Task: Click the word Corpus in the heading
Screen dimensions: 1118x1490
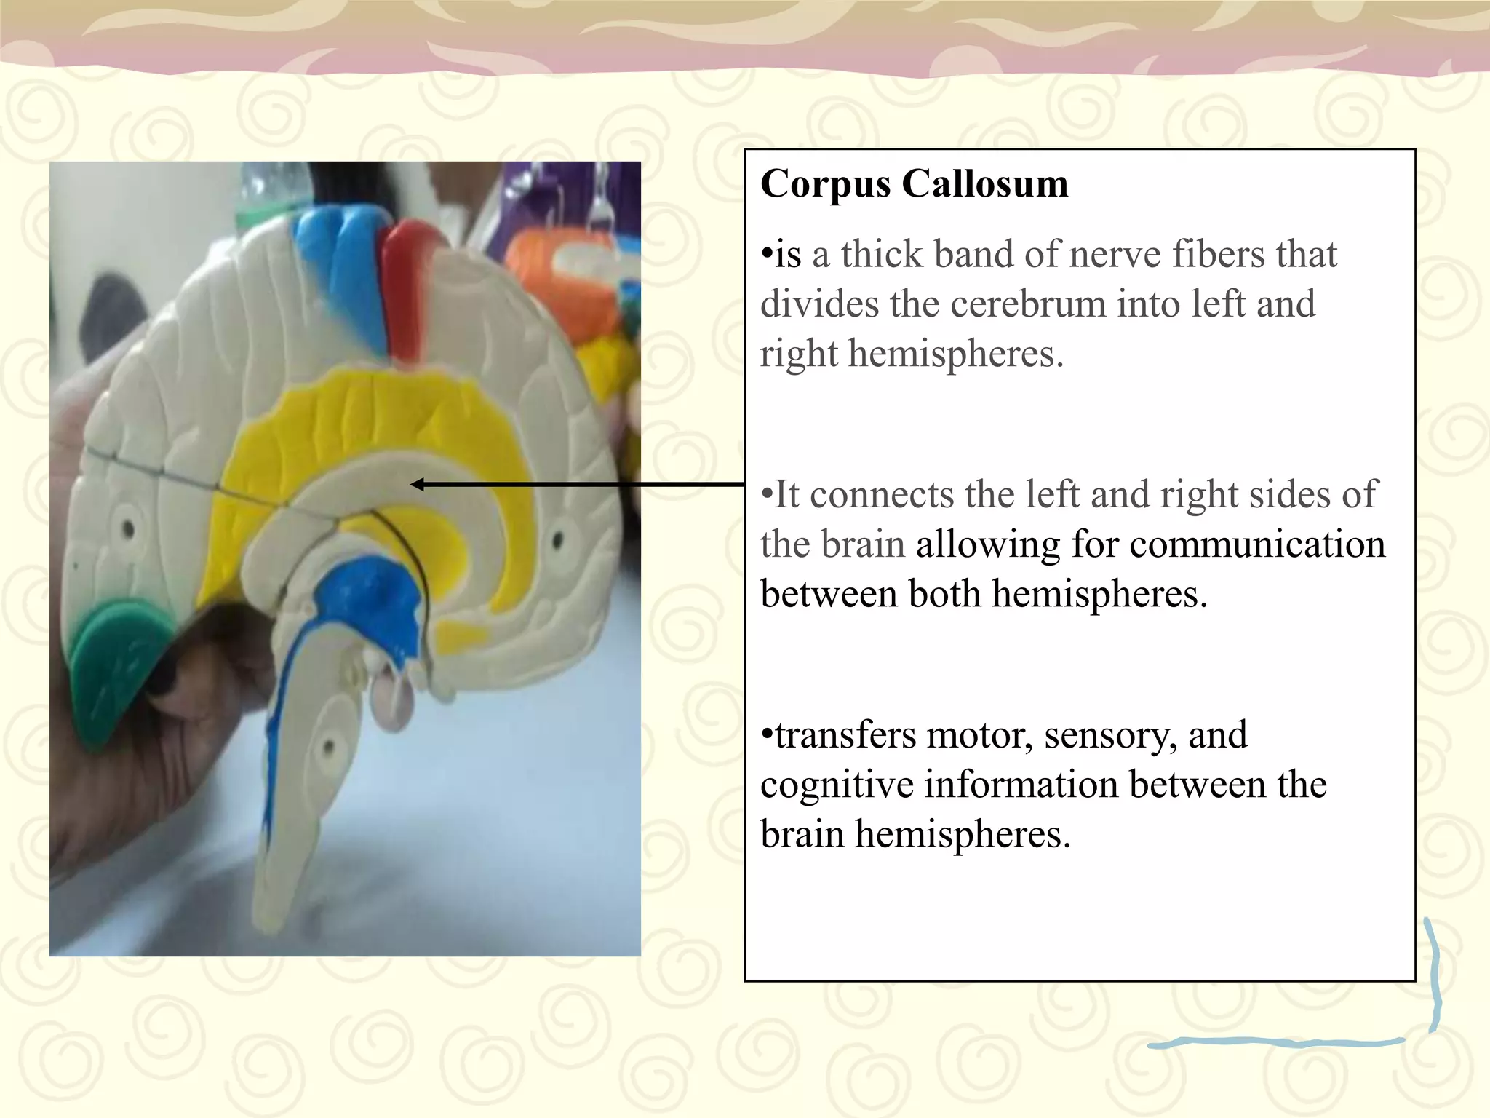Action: point(825,185)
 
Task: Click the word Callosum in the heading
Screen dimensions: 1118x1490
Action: point(985,183)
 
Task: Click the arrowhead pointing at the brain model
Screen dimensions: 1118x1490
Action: point(417,484)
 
